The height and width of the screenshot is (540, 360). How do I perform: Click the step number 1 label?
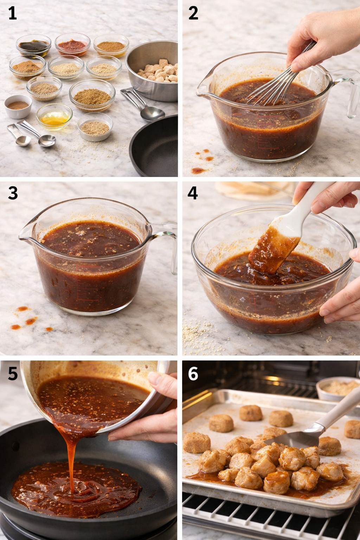click(x=12, y=13)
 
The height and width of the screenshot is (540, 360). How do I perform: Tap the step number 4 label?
click(x=193, y=193)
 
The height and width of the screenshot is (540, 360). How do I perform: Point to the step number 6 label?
click(x=193, y=374)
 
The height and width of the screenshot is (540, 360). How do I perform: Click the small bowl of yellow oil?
click(x=54, y=117)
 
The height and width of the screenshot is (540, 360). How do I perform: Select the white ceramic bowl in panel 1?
click(x=18, y=106)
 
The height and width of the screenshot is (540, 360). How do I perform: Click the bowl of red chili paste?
click(x=72, y=45)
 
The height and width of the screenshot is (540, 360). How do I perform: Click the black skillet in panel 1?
click(x=155, y=148)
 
